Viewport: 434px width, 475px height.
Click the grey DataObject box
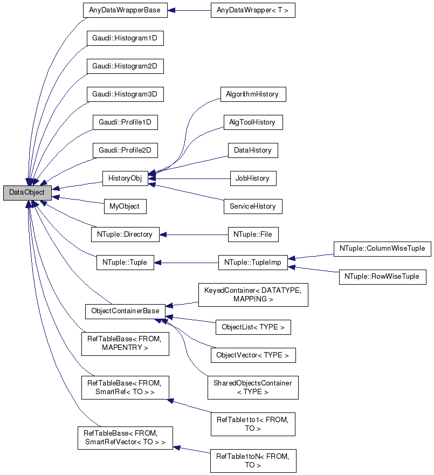[x=27, y=192]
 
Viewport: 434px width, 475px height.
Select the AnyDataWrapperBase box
[x=125, y=10]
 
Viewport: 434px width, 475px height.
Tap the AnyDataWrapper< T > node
[x=253, y=10]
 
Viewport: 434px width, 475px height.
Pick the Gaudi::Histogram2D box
[x=125, y=66]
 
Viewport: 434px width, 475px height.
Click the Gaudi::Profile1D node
[x=125, y=122]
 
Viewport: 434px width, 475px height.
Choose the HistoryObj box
[x=125, y=178]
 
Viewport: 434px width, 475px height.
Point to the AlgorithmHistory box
[x=252, y=94]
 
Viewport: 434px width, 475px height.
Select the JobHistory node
[x=252, y=178]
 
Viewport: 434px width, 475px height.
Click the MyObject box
[x=125, y=206]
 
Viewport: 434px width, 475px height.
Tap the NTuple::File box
[x=252, y=235]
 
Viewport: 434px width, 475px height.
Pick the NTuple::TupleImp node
[x=252, y=263]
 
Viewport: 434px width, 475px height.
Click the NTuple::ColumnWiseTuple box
[x=382, y=249]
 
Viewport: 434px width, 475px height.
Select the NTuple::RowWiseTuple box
[x=382, y=277]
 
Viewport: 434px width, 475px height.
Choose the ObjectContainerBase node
[x=125, y=311]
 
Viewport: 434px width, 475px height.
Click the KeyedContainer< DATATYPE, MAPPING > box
[x=253, y=294]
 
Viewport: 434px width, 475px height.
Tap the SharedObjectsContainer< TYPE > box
[x=253, y=387]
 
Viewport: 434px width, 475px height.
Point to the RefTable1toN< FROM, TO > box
[x=253, y=460]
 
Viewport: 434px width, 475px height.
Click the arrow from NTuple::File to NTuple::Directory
[x=194, y=235]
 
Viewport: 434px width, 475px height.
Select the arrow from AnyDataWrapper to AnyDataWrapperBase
[x=189, y=10]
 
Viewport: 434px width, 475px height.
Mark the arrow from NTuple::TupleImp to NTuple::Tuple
[x=186, y=263]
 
